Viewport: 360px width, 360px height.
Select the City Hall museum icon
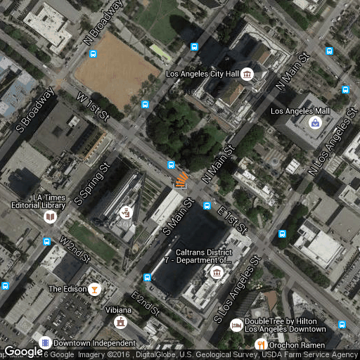[247, 75]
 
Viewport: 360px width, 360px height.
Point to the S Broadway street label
[35, 110]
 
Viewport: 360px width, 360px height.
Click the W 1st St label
[93, 105]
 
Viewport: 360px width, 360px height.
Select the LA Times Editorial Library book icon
[50, 217]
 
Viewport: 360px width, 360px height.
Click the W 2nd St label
[75, 250]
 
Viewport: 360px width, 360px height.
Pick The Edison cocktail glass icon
[94, 289]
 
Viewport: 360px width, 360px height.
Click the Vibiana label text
[119, 310]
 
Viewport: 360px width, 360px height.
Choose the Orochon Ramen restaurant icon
[261, 345]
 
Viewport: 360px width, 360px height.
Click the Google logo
[23, 352]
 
